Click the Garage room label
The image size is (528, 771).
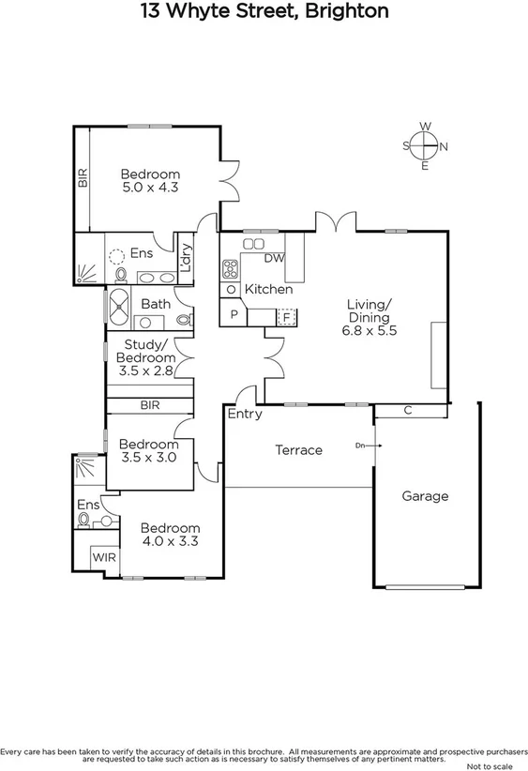tap(425, 496)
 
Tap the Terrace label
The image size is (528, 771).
tap(298, 450)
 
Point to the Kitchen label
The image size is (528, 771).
tap(268, 290)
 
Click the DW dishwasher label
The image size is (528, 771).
tap(274, 258)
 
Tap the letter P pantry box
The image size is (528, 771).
tap(232, 316)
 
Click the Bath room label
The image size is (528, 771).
tap(156, 304)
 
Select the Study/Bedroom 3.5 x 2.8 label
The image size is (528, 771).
tap(149, 357)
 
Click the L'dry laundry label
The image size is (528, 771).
tap(186, 257)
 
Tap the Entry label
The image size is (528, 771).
tap(246, 414)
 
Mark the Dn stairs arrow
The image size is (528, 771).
tap(363, 446)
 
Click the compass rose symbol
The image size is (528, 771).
tap(425, 145)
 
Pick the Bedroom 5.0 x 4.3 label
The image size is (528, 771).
tap(150, 180)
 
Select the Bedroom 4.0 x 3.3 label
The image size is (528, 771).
tap(170, 535)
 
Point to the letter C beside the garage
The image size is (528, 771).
tap(407, 410)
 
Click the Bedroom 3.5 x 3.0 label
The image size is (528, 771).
tap(148, 450)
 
